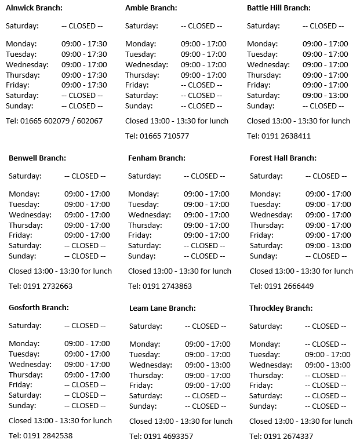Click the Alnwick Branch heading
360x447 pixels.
click(34, 8)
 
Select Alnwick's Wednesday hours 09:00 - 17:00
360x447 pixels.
click(84, 64)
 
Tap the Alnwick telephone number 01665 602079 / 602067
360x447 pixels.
click(54, 121)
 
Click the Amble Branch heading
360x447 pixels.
click(151, 8)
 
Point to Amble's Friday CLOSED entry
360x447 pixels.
click(201, 85)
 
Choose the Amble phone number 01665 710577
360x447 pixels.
click(157, 136)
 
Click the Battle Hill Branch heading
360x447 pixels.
click(279, 8)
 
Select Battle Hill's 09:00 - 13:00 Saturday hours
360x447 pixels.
click(325, 95)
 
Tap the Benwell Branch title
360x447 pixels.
click(37, 158)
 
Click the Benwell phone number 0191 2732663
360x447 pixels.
click(41, 286)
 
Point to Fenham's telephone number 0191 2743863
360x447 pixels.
click(160, 286)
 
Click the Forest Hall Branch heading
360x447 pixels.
click(283, 158)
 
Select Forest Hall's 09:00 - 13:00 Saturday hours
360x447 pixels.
click(328, 245)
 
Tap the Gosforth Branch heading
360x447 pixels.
click(39, 307)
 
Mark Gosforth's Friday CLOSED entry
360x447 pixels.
click(85, 385)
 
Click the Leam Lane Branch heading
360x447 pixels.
click(162, 308)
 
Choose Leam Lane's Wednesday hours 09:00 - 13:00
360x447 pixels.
click(208, 365)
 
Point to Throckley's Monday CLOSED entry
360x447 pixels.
click(326, 344)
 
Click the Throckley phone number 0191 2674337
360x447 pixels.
click(281, 436)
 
